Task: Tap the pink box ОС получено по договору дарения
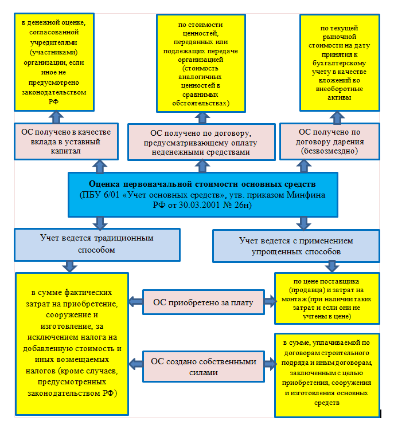click(329, 141)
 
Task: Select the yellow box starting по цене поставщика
click(326, 298)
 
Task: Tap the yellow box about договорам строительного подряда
click(326, 376)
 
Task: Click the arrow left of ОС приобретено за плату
click(136, 301)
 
